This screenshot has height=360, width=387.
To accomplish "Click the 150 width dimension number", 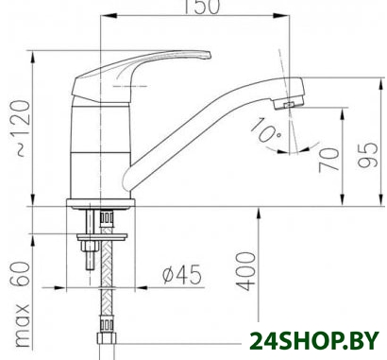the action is pos(202,7).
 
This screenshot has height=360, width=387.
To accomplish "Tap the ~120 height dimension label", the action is pos(24,129).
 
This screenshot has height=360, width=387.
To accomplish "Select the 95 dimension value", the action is pos(368,155).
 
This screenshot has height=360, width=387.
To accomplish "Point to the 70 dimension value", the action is pos(329,160).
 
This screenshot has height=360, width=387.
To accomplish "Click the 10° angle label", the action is pos(266,129).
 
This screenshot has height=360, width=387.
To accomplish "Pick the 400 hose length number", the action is pos(245,271).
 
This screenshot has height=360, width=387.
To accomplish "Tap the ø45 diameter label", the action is pos(182,274).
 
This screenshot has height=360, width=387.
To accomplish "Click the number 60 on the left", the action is pos(21,274).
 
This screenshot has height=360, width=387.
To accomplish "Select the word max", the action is pos(23,325).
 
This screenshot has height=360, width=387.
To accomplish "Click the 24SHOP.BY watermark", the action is pos(314,341).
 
